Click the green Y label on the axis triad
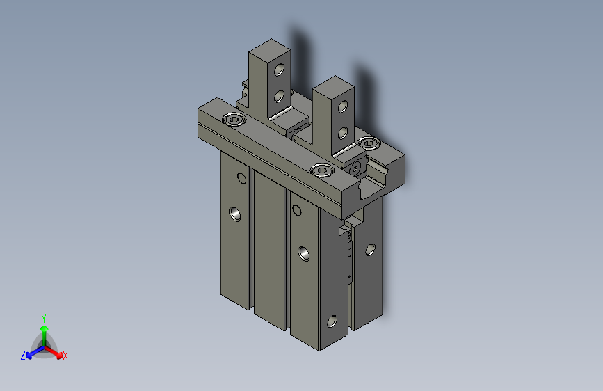44,318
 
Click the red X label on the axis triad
65,356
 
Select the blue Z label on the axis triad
23,356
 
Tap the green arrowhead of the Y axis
45,328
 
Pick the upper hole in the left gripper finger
279,70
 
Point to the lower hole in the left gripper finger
279,96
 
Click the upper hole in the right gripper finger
343,106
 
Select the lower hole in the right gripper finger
343,133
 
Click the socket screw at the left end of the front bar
234,119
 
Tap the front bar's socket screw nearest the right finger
322,170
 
